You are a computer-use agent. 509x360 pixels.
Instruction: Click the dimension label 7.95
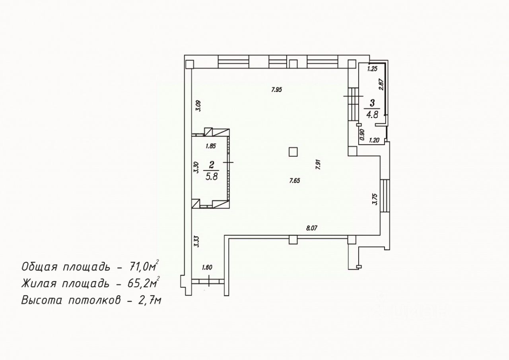point(276,90)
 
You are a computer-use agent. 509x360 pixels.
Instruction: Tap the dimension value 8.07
point(311,228)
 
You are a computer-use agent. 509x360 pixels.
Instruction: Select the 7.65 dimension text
point(295,181)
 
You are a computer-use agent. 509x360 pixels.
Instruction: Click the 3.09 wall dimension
point(198,106)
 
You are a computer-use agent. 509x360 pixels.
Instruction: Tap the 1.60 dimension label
point(207,267)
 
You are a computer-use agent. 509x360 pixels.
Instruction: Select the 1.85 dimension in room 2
point(211,146)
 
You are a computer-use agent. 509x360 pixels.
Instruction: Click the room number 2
point(212,165)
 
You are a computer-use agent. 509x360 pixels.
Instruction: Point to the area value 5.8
point(212,176)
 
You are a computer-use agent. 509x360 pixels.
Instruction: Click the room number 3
point(372,103)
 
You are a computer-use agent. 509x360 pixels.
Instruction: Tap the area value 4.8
point(372,115)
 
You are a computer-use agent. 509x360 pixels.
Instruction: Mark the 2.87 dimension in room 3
point(381,84)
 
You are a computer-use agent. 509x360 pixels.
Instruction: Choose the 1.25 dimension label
point(372,69)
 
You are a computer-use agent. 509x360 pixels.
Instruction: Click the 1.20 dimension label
point(374,140)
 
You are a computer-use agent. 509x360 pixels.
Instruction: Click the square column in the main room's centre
point(293,152)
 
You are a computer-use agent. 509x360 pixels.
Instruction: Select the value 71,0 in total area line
point(138,267)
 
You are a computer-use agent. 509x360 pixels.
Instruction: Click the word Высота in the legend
point(42,300)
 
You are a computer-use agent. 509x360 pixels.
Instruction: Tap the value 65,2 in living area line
point(138,284)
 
